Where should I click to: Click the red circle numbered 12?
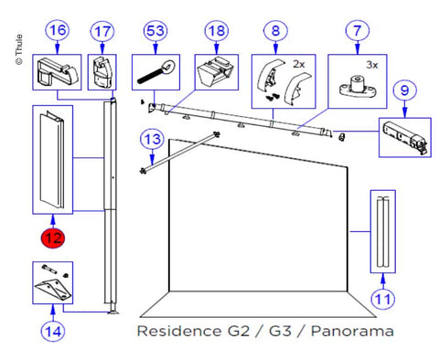click(x=53, y=238)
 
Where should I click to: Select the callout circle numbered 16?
click(x=58, y=31)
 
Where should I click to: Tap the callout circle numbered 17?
click(x=102, y=32)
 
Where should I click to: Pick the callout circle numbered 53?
click(x=155, y=31)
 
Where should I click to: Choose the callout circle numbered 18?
click(x=217, y=31)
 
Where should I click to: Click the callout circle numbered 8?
click(x=275, y=31)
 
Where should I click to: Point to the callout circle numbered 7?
click(x=358, y=31)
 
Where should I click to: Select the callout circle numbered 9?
click(x=404, y=90)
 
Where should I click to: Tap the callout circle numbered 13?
click(x=152, y=140)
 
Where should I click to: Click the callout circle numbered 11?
click(x=382, y=299)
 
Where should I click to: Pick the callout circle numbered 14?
click(x=53, y=331)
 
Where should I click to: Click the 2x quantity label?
click(x=299, y=64)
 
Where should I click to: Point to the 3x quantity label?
click(x=372, y=65)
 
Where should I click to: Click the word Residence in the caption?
click(x=180, y=331)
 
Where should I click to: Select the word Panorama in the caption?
click(x=352, y=331)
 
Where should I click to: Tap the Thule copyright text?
click(x=19, y=49)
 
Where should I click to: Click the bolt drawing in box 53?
click(x=155, y=72)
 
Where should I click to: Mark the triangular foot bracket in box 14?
click(x=53, y=289)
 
